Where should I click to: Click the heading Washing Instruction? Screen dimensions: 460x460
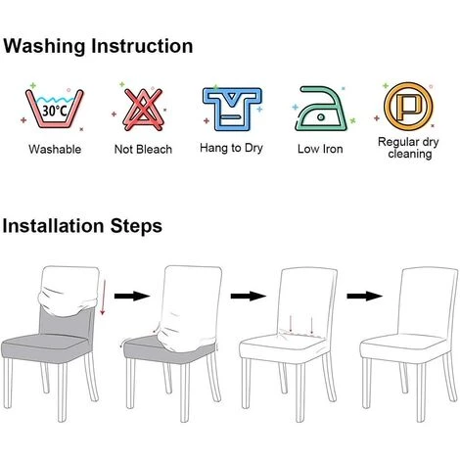click(x=98, y=46)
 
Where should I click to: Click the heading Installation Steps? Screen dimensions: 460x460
click(x=82, y=226)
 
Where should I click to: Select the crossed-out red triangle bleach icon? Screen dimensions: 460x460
click(x=143, y=110)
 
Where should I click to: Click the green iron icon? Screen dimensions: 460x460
click(x=320, y=109)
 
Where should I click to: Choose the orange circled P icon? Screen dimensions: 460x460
click(x=408, y=107)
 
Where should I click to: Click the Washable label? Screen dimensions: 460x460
click(x=55, y=150)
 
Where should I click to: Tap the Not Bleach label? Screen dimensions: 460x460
click(x=143, y=150)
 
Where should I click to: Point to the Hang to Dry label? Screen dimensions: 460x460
click(x=231, y=148)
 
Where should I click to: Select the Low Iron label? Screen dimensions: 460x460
click(x=320, y=149)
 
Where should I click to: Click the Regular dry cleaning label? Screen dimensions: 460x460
click(x=408, y=148)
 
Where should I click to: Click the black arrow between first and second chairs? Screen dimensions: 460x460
click(x=132, y=297)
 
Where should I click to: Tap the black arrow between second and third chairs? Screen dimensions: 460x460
click(x=249, y=297)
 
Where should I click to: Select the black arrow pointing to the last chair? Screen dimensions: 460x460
click(x=364, y=297)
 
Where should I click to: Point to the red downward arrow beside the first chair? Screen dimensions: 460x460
click(x=103, y=298)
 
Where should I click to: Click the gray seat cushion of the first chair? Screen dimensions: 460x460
click(x=45, y=346)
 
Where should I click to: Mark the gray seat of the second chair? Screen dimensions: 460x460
click(x=147, y=348)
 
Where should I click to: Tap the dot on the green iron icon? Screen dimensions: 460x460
click(x=321, y=116)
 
